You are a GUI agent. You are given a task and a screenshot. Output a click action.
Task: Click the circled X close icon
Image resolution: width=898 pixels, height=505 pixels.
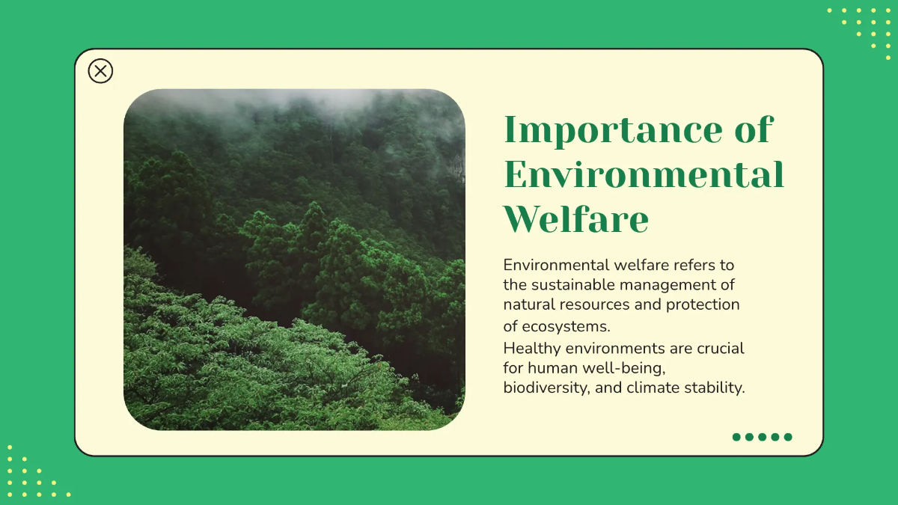pyautogui.click(x=100, y=71)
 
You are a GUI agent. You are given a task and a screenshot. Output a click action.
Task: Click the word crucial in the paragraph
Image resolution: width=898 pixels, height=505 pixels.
pyautogui.click(x=721, y=349)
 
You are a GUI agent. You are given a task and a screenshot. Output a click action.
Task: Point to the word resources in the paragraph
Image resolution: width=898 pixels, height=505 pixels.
pyautogui.click(x=602, y=304)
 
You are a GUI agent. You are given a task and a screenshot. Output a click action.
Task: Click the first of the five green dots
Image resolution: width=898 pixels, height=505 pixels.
pyautogui.click(x=736, y=437)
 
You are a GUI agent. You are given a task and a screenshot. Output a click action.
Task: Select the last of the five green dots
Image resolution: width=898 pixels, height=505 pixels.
pyautogui.click(x=787, y=437)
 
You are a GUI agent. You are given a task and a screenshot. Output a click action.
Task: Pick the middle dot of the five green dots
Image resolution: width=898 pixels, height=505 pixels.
pyautogui.click(x=762, y=437)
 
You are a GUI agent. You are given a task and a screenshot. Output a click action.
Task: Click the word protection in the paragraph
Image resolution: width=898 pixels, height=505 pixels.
pyautogui.click(x=703, y=304)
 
